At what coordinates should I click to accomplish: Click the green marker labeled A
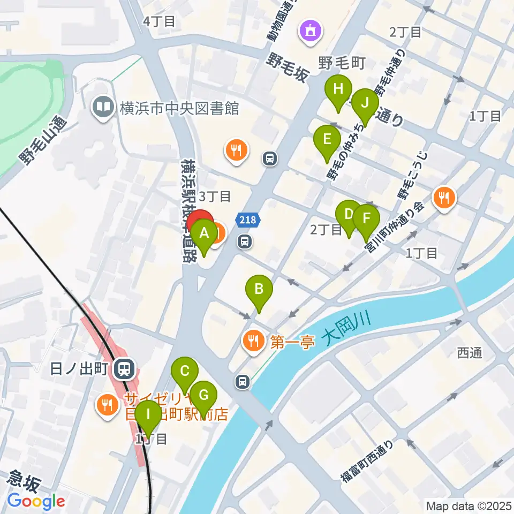tap(203, 233)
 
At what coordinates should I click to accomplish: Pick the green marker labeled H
tap(338, 89)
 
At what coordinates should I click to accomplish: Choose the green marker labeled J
tap(365, 102)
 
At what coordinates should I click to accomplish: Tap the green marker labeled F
tap(366, 218)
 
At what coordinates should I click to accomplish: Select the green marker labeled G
tap(203, 396)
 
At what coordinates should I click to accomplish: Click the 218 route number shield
tap(248, 219)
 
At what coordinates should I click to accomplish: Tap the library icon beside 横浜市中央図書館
tap(102, 108)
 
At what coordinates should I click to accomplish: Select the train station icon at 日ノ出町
tap(125, 368)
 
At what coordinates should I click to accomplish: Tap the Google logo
tap(36, 501)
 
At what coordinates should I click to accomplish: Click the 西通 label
tap(470, 352)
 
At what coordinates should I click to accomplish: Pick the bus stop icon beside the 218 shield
tap(245, 241)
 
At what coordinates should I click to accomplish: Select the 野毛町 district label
tap(342, 64)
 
